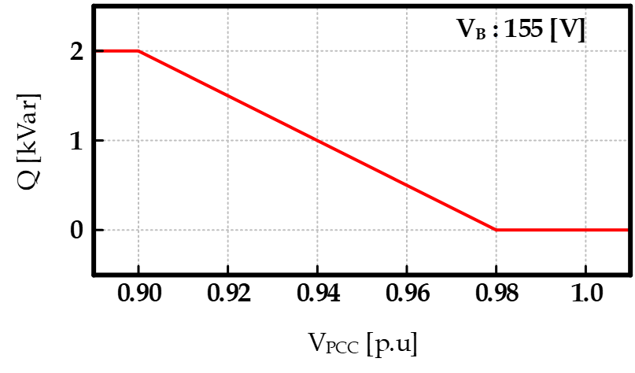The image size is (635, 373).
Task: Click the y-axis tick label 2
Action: [x=77, y=51]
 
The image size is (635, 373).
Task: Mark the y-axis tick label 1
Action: [x=77, y=141]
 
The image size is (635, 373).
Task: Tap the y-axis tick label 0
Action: [x=77, y=231]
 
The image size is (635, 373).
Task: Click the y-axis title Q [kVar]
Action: [x=29, y=142]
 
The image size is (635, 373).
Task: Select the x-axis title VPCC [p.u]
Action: [x=362, y=344]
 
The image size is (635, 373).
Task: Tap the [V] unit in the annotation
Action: [x=569, y=30]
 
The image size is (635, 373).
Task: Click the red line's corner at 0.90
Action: [x=138, y=51]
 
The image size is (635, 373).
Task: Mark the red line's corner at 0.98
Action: [x=496, y=230]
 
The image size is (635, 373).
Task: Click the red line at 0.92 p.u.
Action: [x=227, y=96]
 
